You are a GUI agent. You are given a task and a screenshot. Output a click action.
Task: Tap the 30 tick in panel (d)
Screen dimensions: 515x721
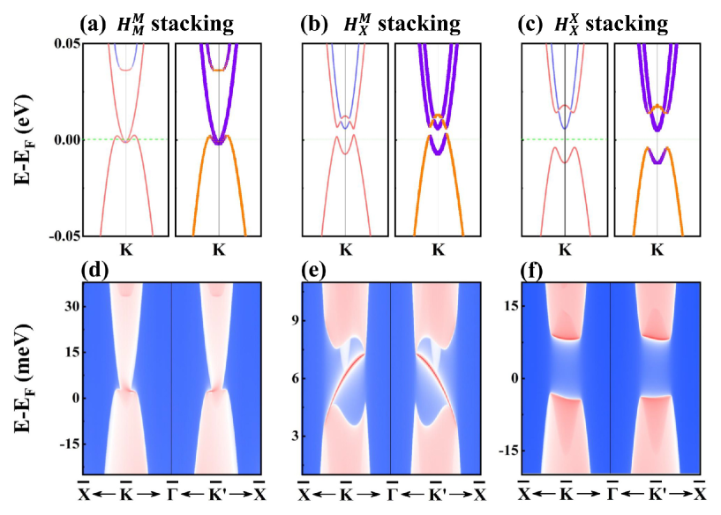pos(72,305)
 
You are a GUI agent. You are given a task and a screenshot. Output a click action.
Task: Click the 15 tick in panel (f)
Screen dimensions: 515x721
pos(510,305)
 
